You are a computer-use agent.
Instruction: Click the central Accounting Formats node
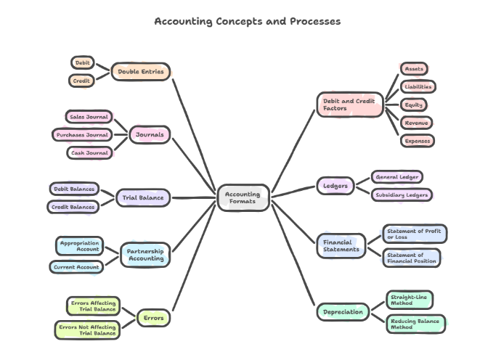(243, 197)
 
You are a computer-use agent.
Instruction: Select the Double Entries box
(141, 72)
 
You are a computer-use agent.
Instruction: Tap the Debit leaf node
(82, 63)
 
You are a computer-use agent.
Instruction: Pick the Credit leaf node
(81, 81)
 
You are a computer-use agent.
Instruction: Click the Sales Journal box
(88, 116)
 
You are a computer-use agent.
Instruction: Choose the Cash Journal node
(90, 152)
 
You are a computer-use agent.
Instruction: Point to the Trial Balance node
(143, 197)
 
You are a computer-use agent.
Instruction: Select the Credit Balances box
(73, 207)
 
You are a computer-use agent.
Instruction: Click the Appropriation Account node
(80, 245)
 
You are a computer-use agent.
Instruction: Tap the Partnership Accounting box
(145, 255)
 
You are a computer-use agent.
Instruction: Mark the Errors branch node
(153, 318)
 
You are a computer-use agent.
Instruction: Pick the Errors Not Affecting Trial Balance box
(87, 330)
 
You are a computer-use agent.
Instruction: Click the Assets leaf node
(414, 69)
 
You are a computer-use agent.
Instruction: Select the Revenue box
(417, 123)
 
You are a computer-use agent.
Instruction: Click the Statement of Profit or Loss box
(413, 234)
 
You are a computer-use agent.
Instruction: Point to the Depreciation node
(343, 312)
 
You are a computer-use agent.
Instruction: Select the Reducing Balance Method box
(415, 324)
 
